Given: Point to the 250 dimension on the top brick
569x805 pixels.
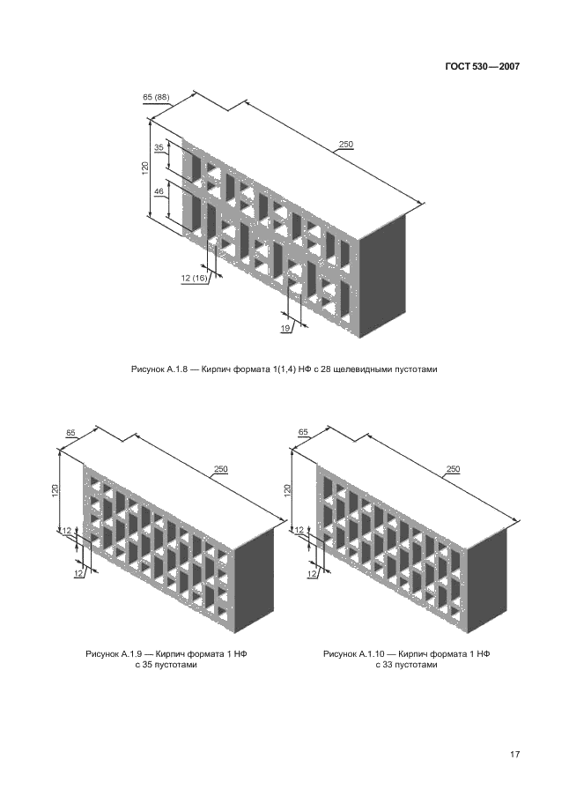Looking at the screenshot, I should pyautogui.click(x=345, y=145).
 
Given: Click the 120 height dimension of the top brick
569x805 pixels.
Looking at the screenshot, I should pyautogui.click(x=144, y=169).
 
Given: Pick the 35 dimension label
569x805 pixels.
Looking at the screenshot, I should pyautogui.click(x=159, y=148).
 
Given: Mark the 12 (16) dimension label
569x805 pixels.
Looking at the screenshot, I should pyautogui.click(x=195, y=278).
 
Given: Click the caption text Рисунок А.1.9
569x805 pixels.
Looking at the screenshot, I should pyautogui.click(x=113, y=654).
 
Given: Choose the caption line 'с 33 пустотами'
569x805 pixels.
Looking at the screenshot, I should pyautogui.click(x=405, y=666).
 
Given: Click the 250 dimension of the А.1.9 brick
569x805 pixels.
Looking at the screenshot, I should pyautogui.click(x=220, y=469).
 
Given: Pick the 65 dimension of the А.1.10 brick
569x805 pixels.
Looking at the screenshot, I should pyautogui.click(x=303, y=432).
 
